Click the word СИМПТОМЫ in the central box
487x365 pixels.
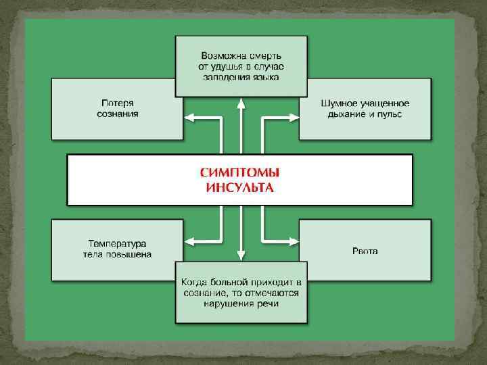(239, 173)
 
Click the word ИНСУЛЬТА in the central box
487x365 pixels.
(239, 187)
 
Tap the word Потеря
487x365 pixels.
(118, 103)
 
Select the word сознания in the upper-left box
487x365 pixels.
(118, 114)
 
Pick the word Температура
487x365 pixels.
(118, 243)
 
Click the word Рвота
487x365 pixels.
(365, 251)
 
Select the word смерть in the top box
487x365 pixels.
(264, 54)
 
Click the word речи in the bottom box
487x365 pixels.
(268, 303)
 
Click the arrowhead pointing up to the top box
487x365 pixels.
(241, 103)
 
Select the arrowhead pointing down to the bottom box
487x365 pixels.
(241, 255)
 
